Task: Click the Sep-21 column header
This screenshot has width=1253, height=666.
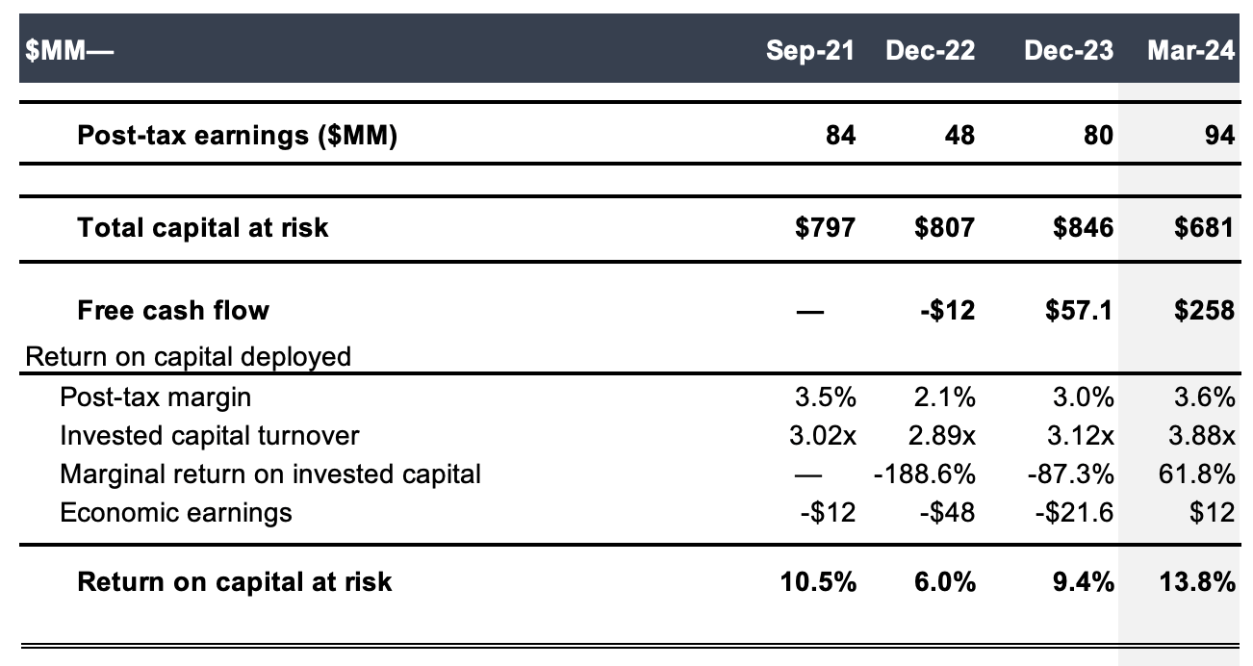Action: pos(809,51)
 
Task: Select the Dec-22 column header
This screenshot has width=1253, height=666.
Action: pos(930,51)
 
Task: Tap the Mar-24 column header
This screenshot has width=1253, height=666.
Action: pos(1190,51)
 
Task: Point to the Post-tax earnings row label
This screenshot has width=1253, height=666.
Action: pos(237,136)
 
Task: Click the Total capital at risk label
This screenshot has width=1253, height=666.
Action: pos(202,227)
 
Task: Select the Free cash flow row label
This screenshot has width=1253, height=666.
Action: pos(173,310)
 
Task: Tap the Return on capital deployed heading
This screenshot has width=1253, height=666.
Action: pos(188,357)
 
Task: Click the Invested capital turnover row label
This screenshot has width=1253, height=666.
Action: pos(209,435)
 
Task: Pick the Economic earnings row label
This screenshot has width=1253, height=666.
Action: pos(175,512)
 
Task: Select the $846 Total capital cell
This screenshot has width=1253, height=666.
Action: pos(1081,227)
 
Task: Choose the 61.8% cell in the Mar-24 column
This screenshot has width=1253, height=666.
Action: pos(1199,474)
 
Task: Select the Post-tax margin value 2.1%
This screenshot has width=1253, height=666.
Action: pos(943,397)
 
